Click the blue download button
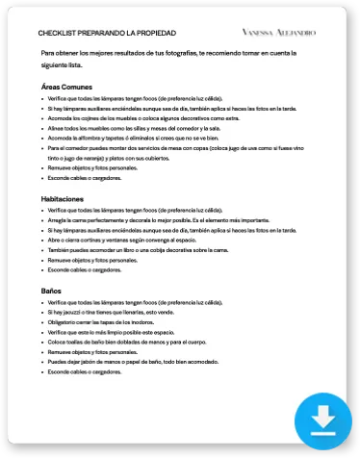tap(323, 419)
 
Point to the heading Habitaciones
tap(64, 197)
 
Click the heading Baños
tap(51, 290)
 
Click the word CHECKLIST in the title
tap(60, 32)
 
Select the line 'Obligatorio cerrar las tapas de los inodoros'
tap(107, 322)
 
